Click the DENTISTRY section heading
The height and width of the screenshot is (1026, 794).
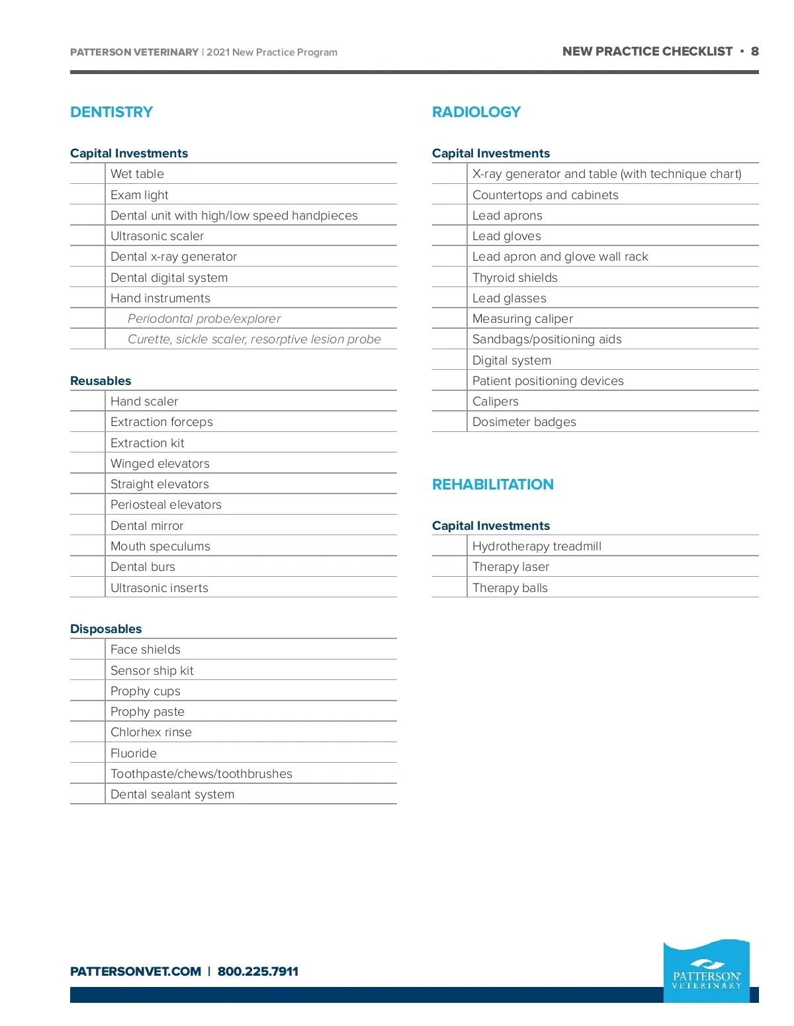click(x=111, y=112)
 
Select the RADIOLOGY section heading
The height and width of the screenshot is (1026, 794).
click(x=476, y=112)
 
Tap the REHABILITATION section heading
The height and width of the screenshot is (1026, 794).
click(x=493, y=485)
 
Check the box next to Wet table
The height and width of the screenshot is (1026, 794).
click(x=87, y=174)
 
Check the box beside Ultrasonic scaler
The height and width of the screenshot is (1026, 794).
click(x=87, y=236)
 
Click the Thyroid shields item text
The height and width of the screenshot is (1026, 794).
click(x=515, y=278)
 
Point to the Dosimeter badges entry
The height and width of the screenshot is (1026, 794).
click(x=524, y=422)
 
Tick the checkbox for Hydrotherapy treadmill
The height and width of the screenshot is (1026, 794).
click(x=449, y=546)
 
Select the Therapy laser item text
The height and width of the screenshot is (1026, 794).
click(x=511, y=567)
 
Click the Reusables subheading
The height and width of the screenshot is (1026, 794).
click(x=101, y=381)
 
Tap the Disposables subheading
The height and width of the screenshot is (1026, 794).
click(x=106, y=629)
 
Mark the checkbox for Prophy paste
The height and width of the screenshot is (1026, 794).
click(x=87, y=712)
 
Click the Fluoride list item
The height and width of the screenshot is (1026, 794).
click(x=134, y=753)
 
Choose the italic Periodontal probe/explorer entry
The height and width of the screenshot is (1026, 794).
click(x=204, y=319)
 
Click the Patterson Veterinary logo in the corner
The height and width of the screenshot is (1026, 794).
click(x=707, y=971)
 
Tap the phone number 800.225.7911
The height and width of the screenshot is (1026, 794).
click(x=258, y=972)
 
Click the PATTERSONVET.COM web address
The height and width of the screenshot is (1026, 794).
click(x=136, y=972)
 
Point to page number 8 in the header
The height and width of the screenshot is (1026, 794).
click(x=754, y=52)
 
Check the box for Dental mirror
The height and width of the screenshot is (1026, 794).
click(x=87, y=526)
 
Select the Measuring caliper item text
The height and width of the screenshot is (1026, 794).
click(x=523, y=319)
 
